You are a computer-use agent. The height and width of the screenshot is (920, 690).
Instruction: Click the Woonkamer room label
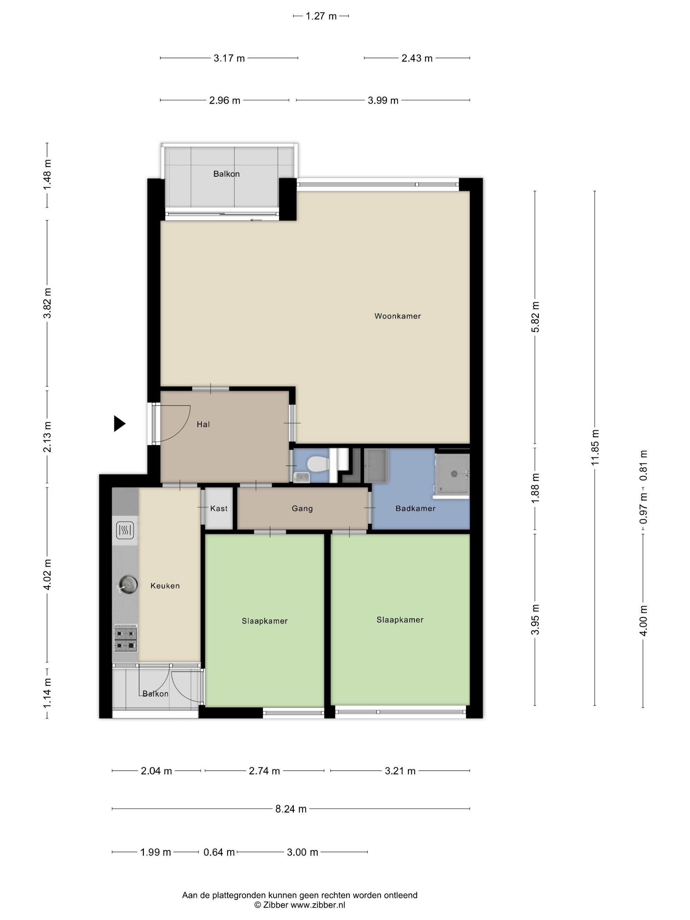tap(398, 316)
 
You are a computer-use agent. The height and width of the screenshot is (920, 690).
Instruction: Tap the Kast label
tap(219, 508)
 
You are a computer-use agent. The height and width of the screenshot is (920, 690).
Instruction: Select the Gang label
tap(302, 508)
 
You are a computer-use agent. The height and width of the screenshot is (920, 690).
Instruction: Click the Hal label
tap(203, 424)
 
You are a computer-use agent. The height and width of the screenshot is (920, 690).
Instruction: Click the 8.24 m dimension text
tap(291, 809)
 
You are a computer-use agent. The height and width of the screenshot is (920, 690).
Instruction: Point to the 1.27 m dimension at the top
tap(321, 16)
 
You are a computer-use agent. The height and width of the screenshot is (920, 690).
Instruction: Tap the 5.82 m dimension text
tap(535, 317)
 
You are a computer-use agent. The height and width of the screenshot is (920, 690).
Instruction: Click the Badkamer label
tap(416, 508)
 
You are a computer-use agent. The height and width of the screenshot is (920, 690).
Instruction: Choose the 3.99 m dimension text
tap(383, 100)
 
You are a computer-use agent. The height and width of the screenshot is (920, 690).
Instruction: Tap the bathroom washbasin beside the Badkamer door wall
tap(376, 466)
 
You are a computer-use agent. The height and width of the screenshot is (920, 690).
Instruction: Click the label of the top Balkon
tap(226, 174)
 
